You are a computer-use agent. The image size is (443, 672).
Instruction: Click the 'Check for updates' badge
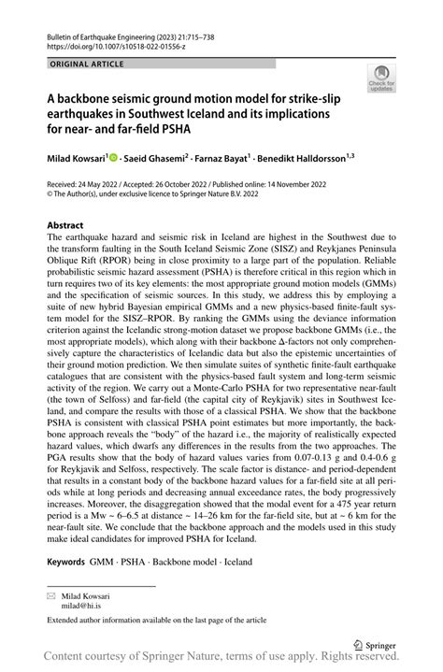(381, 79)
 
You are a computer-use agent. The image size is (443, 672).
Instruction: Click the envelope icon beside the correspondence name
(51, 594)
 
